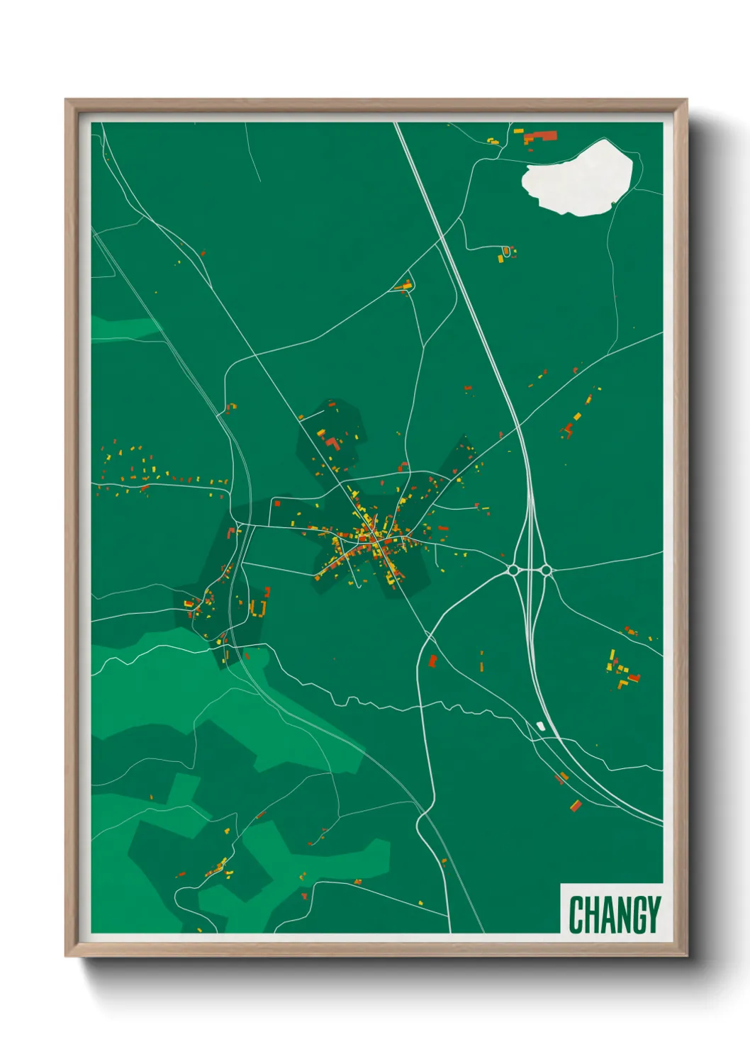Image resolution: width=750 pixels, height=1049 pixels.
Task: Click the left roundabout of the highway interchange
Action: point(513,570)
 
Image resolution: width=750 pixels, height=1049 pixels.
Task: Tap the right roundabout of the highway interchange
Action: point(545,570)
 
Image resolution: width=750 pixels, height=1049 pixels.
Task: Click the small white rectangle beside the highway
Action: point(541,726)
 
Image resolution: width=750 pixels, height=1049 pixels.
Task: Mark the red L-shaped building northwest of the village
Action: point(331,444)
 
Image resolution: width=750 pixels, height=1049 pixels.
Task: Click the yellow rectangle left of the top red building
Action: point(518,132)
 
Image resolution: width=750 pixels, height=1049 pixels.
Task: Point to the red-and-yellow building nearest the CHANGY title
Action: point(576,805)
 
